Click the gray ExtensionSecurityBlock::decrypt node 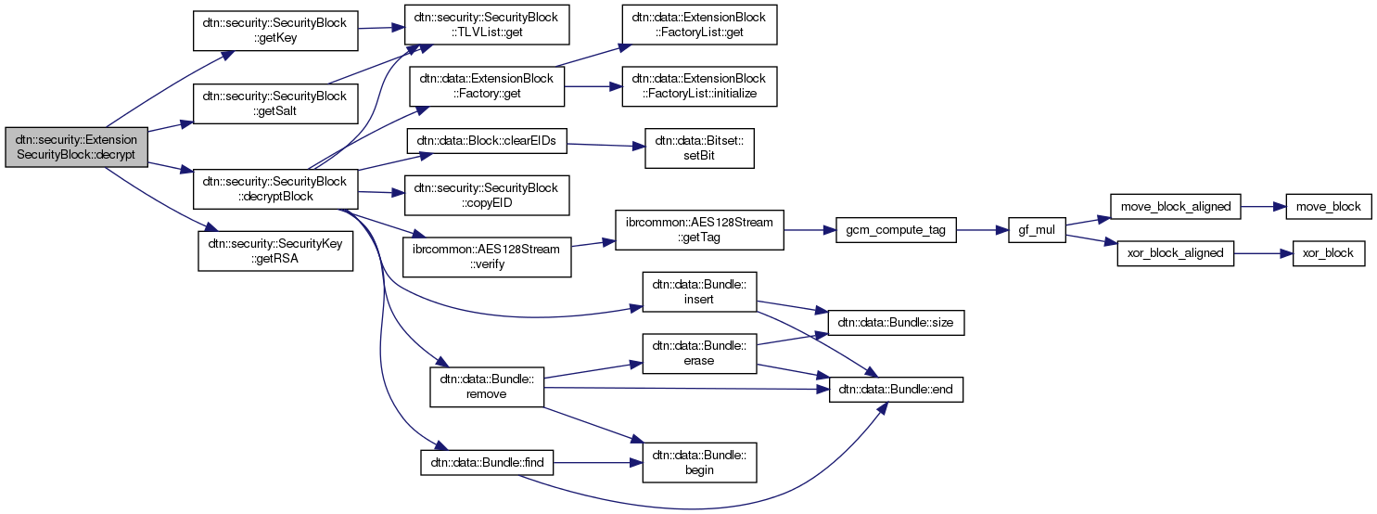pos(76,146)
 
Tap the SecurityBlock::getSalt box pos(275,104)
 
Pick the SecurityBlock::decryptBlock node pos(275,189)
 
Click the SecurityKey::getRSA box pos(275,251)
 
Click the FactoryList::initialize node pos(698,86)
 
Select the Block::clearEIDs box pos(487,144)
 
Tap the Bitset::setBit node pos(699,148)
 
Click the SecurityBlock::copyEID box pos(485,195)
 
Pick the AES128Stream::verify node pos(485,256)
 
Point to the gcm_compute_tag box pos(897,230)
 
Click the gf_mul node pos(1038,230)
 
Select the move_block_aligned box pos(1176,206)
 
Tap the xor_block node pos(1329,253)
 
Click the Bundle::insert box pos(700,292)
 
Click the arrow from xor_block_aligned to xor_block pos(1263,253)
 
